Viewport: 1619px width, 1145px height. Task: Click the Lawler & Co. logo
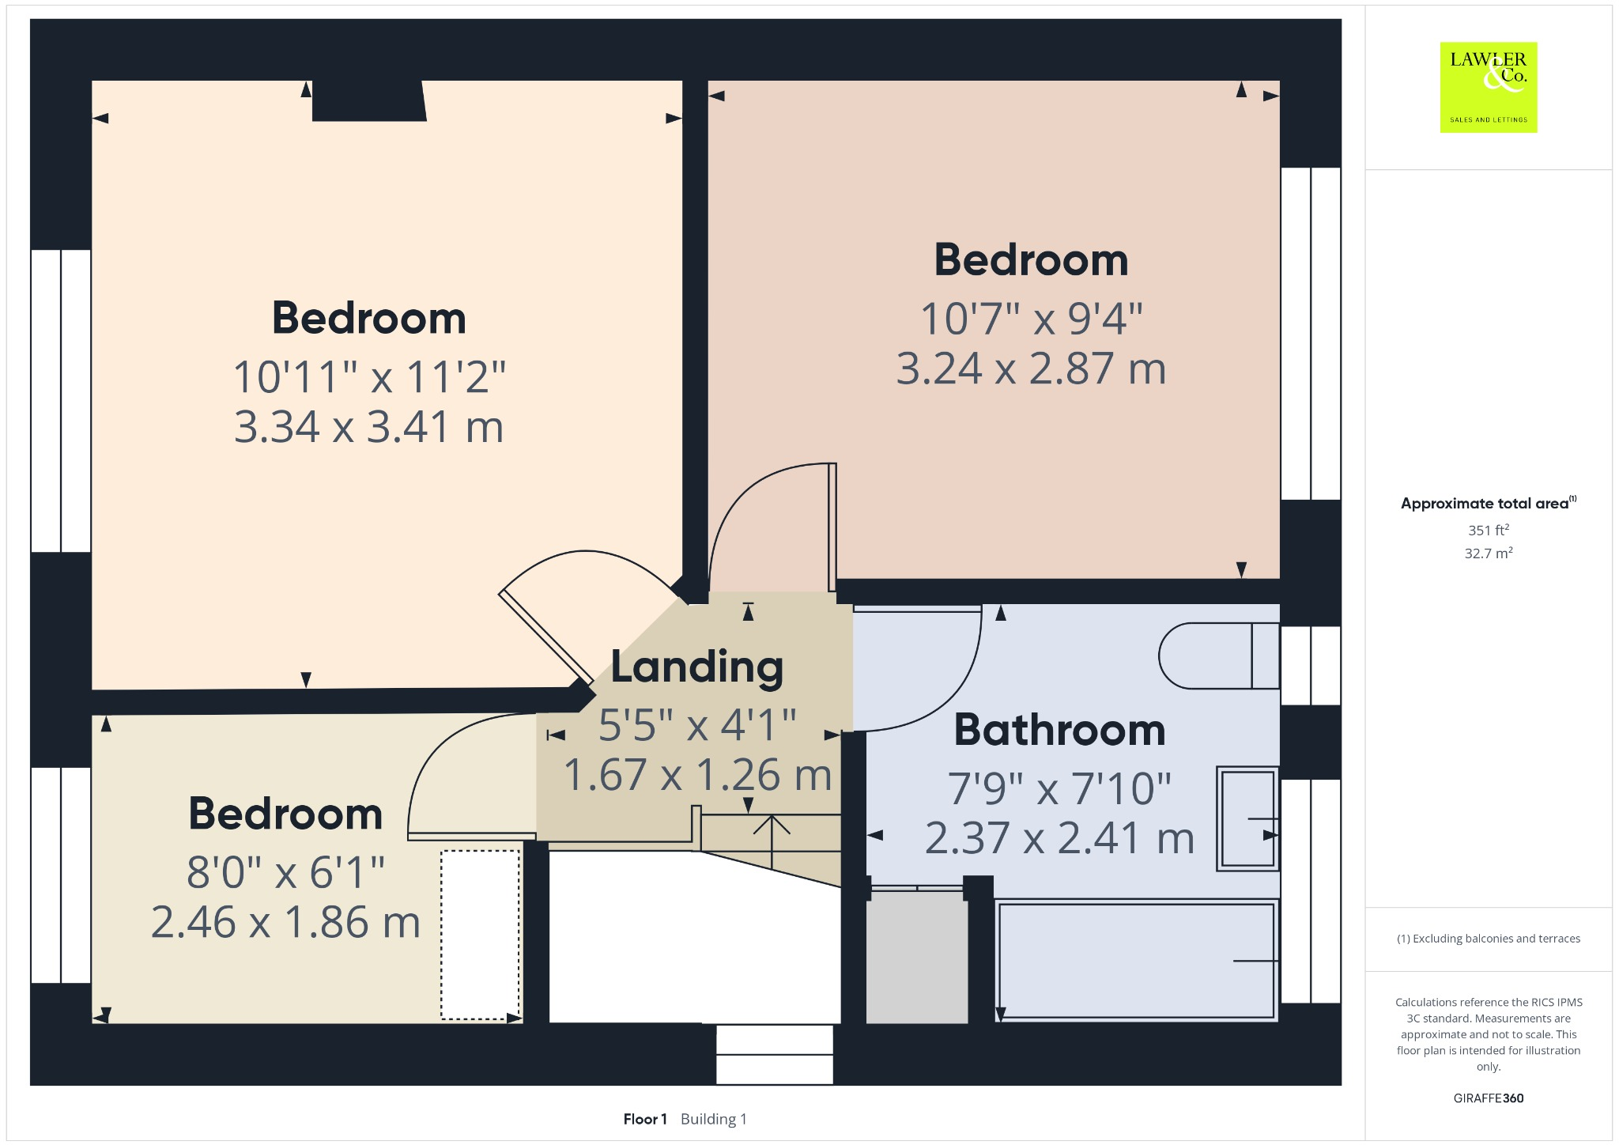tap(1488, 87)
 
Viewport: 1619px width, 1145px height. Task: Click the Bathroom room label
tap(1059, 730)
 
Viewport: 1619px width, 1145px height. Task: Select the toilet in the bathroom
tap(1218, 656)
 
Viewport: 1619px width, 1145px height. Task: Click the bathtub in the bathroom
tap(1136, 960)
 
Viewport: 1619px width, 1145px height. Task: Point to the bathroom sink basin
tap(1247, 818)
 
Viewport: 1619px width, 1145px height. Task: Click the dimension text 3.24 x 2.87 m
tap(1031, 369)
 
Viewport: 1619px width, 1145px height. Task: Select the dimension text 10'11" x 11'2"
tap(369, 377)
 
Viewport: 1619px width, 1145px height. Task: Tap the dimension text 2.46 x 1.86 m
tap(285, 923)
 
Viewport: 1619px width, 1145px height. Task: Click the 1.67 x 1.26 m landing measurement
tap(697, 775)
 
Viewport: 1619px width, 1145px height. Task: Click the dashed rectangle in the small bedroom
tap(480, 935)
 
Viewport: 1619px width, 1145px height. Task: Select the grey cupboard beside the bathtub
tap(917, 957)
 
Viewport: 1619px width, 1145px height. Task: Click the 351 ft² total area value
tap(1488, 530)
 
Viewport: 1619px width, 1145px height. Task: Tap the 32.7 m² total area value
tap(1488, 553)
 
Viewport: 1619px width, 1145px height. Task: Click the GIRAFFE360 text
tap(1488, 1098)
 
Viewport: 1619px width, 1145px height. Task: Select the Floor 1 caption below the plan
tap(645, 1119)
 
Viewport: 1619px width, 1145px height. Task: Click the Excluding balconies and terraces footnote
tap(1488, 939)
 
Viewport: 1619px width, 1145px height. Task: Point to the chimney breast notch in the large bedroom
tap(368, 101)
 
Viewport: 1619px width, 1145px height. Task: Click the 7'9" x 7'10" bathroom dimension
tap(1059, 789)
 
